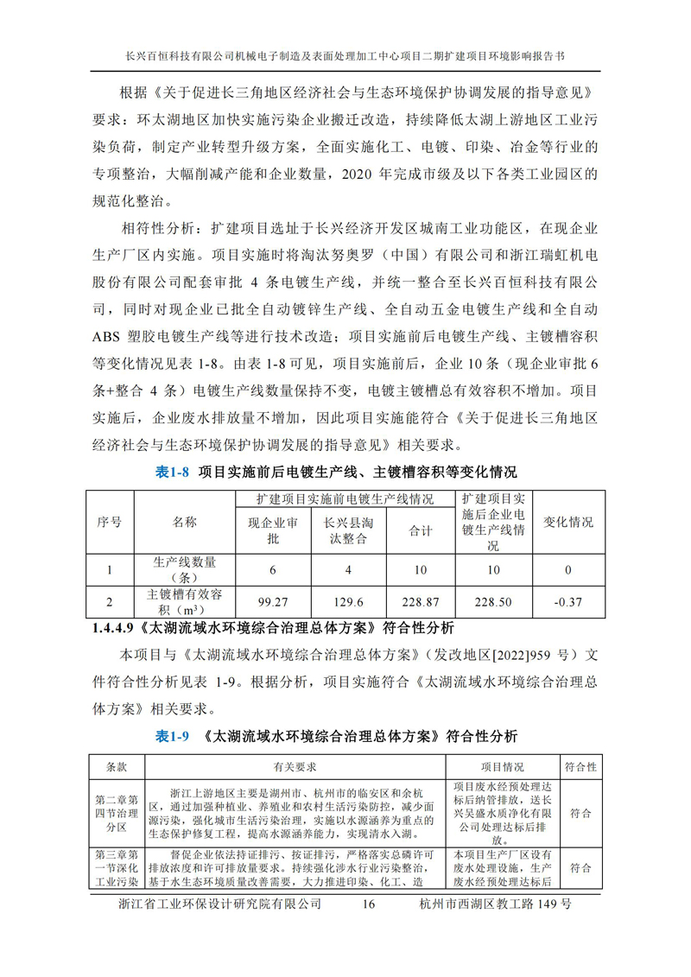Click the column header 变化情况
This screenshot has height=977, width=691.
(567, 523)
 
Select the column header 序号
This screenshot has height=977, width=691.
(109, 523)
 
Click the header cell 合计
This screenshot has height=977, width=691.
(420, 530)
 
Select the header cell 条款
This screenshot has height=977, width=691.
(117, 767)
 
